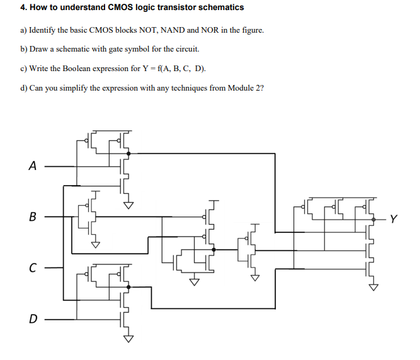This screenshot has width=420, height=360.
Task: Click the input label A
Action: click(32, 166)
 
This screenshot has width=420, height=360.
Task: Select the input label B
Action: click(32, 218)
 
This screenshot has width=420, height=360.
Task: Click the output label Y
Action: click(394, 219)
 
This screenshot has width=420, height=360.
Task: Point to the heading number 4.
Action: click(23, 8)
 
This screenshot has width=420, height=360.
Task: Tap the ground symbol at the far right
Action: click(374, 288)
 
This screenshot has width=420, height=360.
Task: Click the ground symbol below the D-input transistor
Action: click(128, 338)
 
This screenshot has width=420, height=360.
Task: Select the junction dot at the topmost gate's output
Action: click(128, 153)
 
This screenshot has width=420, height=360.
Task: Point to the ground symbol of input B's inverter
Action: click(96, 245)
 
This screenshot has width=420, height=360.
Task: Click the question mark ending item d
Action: click(261, 87)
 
